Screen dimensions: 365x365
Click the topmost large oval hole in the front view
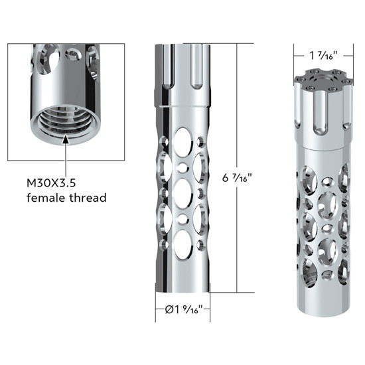click(183, 141)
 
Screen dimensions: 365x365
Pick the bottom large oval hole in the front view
click(183, 240)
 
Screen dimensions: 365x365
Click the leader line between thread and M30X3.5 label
click(66, 159)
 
